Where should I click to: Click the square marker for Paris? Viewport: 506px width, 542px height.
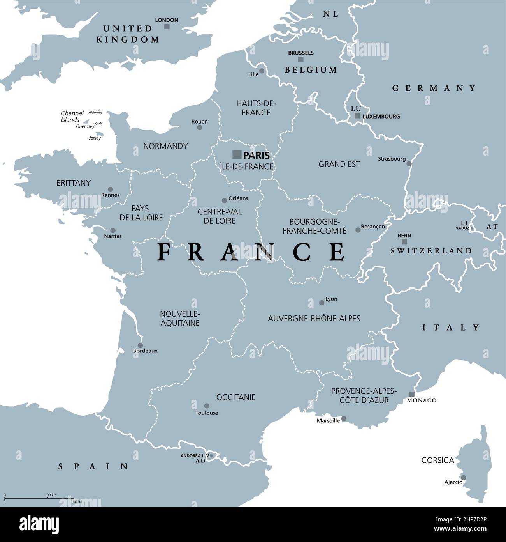(237, 154)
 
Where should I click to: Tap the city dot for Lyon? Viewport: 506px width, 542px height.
(322, 303)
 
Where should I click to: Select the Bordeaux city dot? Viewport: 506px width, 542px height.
(140, 345)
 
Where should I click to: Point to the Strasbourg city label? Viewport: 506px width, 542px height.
(392, 159)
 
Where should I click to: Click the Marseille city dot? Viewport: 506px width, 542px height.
(344, 419)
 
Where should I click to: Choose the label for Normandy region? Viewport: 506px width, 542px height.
(165, 146)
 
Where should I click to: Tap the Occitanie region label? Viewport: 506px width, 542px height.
(235, 397)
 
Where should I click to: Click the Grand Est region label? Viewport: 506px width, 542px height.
(339, 164)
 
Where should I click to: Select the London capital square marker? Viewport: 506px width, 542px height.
(167, 27)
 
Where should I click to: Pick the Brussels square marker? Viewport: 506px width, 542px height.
(300, 60)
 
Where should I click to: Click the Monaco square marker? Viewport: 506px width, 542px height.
(412, 394)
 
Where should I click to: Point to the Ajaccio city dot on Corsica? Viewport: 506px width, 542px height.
(463, 478)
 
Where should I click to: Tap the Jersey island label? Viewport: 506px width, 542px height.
(95, 138)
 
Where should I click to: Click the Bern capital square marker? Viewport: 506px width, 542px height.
(404, 242)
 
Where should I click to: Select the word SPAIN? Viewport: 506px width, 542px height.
(93, 466)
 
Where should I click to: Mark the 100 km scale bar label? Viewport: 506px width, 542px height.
(51, 495)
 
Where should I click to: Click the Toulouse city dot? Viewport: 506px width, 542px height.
(207, 406)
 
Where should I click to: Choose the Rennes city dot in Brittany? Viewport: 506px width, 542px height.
(111, 189)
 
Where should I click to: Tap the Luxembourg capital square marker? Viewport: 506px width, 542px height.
(357, 116)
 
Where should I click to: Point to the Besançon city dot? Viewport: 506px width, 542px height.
(358, 230)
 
